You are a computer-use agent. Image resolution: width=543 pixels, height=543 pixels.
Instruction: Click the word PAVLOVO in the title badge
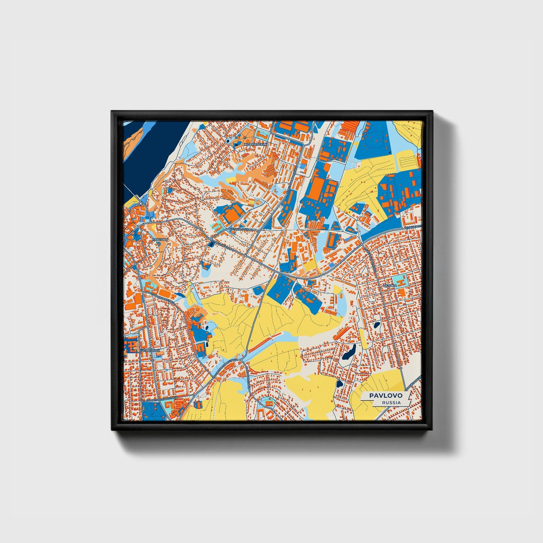click(386, 395)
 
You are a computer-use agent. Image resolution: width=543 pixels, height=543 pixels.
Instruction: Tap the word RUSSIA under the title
click(391, 402)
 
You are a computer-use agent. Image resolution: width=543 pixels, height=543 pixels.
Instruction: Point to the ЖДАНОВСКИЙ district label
click(256, 144)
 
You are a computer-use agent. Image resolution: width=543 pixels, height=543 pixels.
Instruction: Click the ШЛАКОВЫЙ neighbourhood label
click(150, 350)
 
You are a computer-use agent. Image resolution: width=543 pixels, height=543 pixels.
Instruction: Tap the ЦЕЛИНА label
click(390, 286)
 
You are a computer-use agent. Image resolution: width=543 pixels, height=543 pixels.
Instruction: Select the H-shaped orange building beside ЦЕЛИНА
click(401, 281)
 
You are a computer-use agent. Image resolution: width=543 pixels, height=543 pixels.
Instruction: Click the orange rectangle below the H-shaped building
click(401, 292)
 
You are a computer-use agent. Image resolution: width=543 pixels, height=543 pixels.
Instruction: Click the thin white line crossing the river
click(132, 192)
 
